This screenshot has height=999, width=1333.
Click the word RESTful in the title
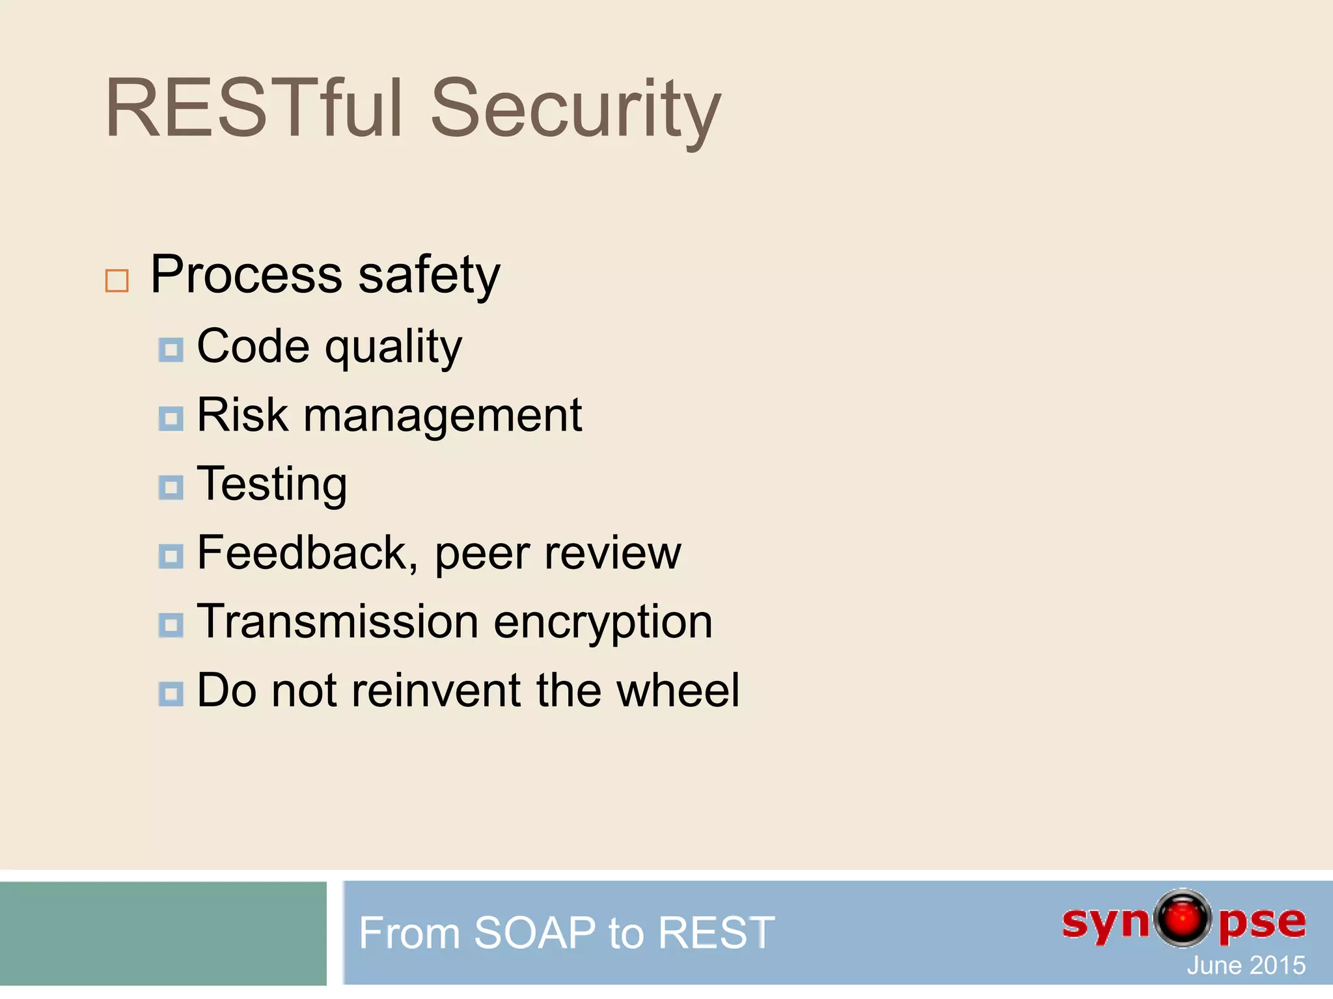click(x=254, y=108)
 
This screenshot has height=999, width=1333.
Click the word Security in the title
click(x=575, y=111)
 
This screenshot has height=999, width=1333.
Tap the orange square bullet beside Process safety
click(x=117, y=280)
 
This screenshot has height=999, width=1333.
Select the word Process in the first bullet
click(x=246, y=274)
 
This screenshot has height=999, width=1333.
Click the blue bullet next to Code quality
click(x=171, y=350)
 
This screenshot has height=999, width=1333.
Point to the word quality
click(x=393, y=348)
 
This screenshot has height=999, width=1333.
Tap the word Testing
click(x=271, y=485)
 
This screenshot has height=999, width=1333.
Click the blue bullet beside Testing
click(x=171, y=487)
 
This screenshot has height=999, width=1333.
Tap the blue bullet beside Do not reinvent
click(x=171, y=693)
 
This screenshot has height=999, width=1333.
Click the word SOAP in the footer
click(x=534, y=933)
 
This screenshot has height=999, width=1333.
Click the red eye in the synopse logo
click(x=1183, y=918)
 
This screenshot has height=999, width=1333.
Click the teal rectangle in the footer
click(x=163, y=933)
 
